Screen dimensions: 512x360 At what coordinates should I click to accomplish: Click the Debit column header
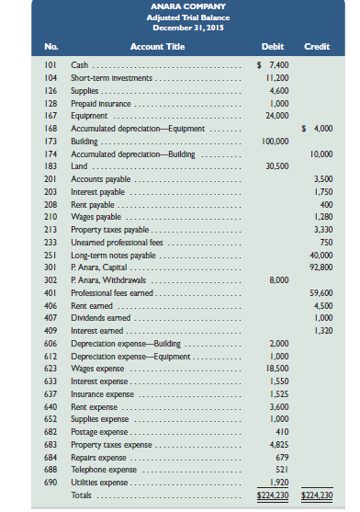point(273,46)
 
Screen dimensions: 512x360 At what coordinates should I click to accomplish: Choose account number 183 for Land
point(51,165)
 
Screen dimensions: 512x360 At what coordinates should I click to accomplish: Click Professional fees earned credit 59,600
point(319,291)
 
